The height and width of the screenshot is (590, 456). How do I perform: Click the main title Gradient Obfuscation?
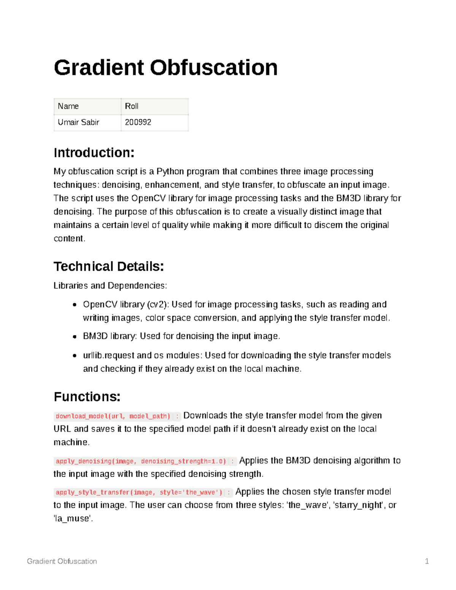165,68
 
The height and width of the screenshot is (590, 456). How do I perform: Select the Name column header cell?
87,106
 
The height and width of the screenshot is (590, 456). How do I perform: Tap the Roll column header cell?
154,106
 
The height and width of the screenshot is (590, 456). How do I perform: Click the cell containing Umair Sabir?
87,122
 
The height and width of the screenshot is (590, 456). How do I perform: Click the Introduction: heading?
94,153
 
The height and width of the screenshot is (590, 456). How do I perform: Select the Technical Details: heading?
108,266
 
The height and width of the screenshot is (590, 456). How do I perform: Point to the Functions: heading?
87,397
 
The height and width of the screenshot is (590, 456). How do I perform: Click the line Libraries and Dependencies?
110,286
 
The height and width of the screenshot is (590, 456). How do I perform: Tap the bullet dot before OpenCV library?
75,305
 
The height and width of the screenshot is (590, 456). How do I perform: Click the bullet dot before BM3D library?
75,337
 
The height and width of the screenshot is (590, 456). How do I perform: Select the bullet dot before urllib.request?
75,356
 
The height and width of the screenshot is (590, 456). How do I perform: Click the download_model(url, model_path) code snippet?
113,416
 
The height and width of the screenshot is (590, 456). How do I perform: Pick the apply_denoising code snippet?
141,461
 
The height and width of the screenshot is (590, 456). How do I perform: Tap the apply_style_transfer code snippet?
139,492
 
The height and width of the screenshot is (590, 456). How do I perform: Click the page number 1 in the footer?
427,561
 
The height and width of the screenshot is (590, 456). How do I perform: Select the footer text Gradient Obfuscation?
62,561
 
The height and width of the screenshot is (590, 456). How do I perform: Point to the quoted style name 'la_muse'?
73,519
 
